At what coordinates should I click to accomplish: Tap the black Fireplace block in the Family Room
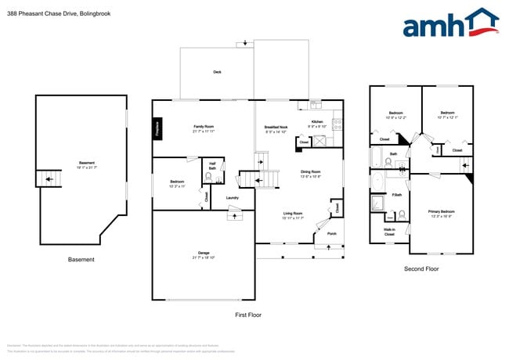tap(157, 128)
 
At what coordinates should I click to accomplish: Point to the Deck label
tap(217, 72)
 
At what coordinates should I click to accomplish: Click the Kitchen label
tap(317, 123)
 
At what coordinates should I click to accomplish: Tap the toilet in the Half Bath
tap(209, 177)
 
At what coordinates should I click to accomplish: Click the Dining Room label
tap(311, 173)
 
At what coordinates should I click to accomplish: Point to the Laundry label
tap(233, 198)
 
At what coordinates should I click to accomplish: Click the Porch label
tap(331, 233)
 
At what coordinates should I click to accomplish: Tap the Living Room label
tap(293, 214)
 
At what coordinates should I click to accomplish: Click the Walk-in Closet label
tap(389, 232)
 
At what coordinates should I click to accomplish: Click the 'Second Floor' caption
tap(421, 268)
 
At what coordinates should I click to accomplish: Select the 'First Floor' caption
tap(247, 315)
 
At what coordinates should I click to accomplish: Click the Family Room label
tap(204, 128)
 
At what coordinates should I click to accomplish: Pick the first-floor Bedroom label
tap(177, 184)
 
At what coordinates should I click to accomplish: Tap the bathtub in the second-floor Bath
tap(377, 157)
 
